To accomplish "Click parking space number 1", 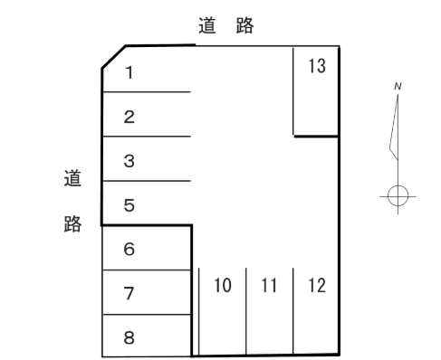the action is coord(129,72).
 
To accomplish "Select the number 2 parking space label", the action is coord(129,117).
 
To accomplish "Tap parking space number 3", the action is coord(129,161).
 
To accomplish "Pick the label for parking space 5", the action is coord(129,205).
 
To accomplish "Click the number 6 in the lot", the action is coord(129,250).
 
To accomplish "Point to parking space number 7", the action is coord(129,293).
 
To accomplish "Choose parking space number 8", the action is coord(129,338).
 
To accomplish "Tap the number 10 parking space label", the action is coord(222,287).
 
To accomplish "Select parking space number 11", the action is coord(269,287).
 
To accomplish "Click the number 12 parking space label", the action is coord(316,287).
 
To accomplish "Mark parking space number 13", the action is coord(316,67).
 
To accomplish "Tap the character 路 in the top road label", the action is coord(244,26).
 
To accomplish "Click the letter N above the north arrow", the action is coord(398,86).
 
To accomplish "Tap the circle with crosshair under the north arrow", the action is coord(396,194).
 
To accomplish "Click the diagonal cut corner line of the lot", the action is coord(113,56).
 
